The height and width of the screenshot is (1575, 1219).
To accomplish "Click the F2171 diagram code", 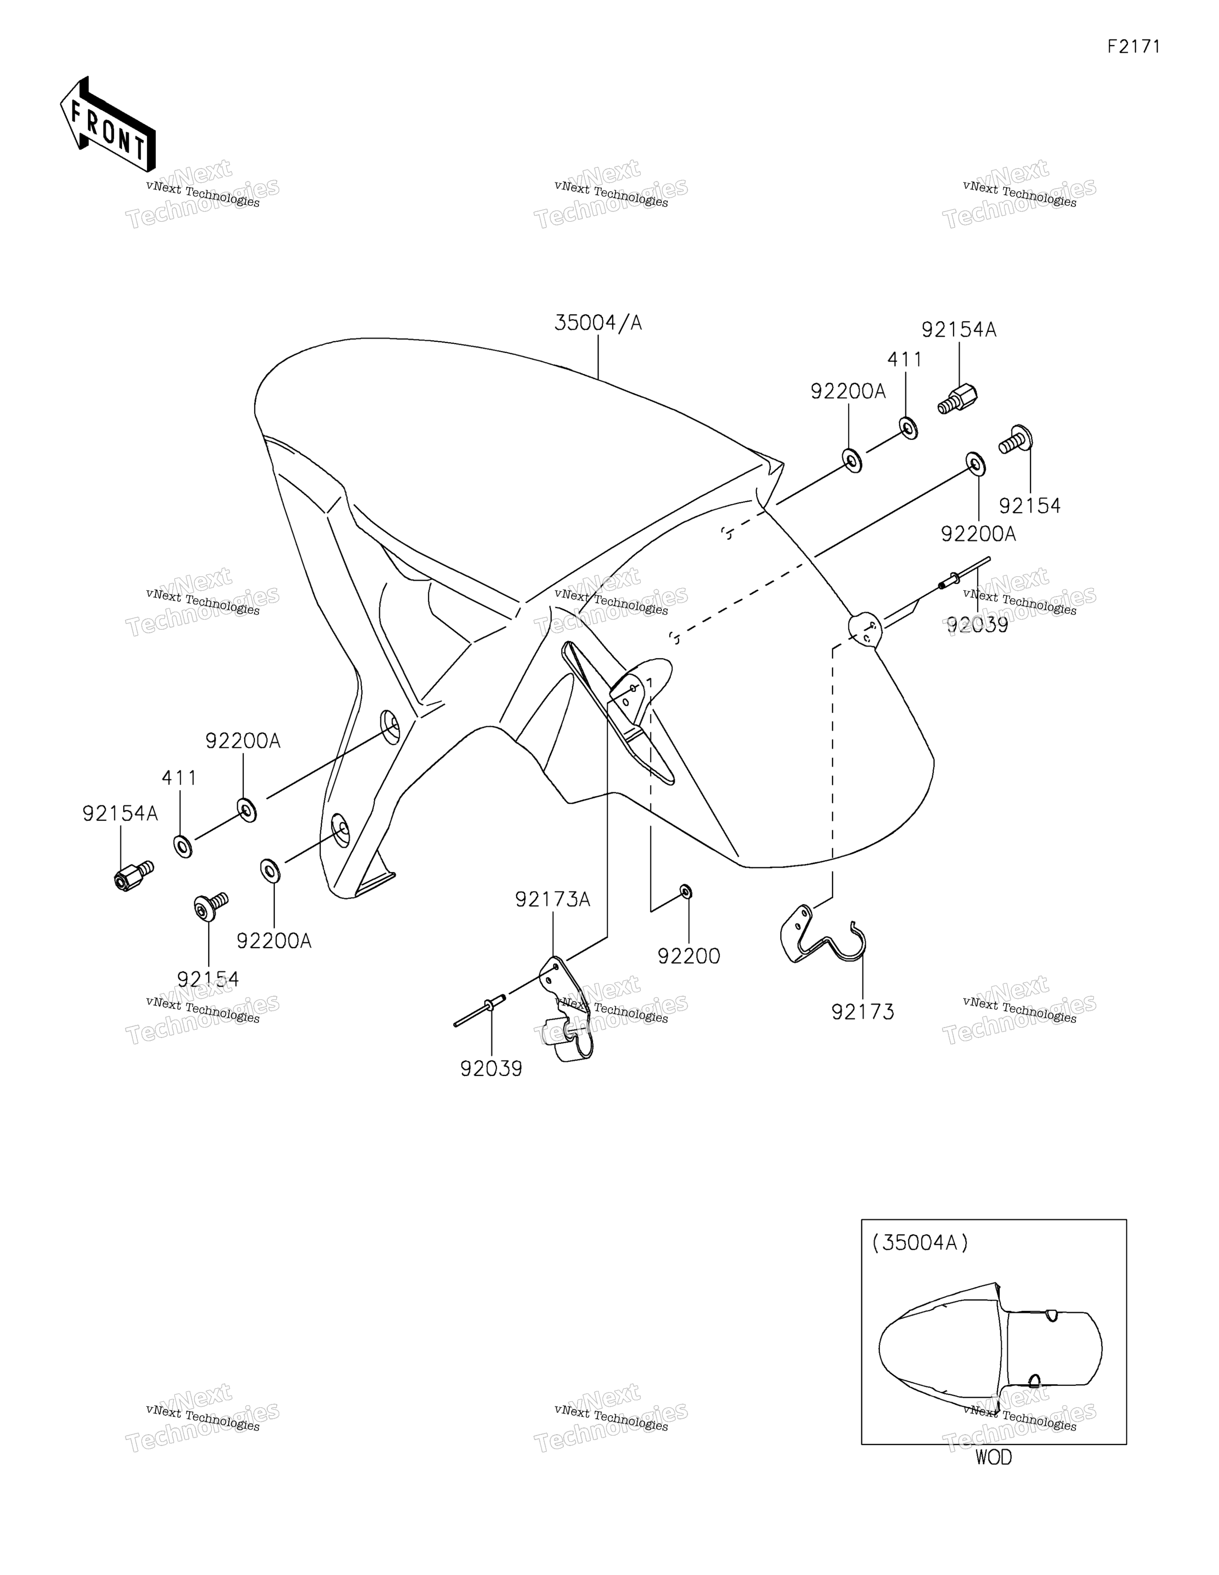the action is click(x=1134, y=47).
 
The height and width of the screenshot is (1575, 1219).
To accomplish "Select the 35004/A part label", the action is click(x=598, y=322).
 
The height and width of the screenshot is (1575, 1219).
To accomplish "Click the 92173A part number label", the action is click(x=552, y=899).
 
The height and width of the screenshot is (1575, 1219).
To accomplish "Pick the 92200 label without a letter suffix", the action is click(x=689, y=956).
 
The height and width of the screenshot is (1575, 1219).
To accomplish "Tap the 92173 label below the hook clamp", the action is click(x=863, y=1012).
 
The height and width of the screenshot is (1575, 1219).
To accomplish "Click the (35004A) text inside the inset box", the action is click(x=920, y=1242).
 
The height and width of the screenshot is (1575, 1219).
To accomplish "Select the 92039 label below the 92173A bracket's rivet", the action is click(x=491, y=1069).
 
